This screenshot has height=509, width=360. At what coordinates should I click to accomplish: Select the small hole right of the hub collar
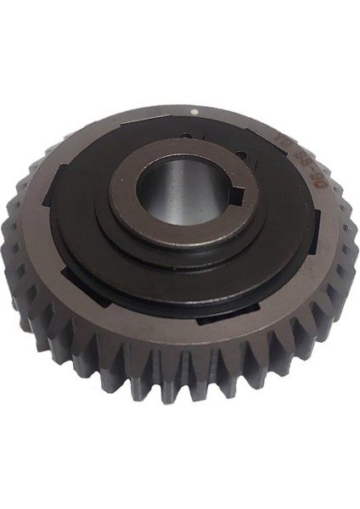[x=245, y=156]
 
